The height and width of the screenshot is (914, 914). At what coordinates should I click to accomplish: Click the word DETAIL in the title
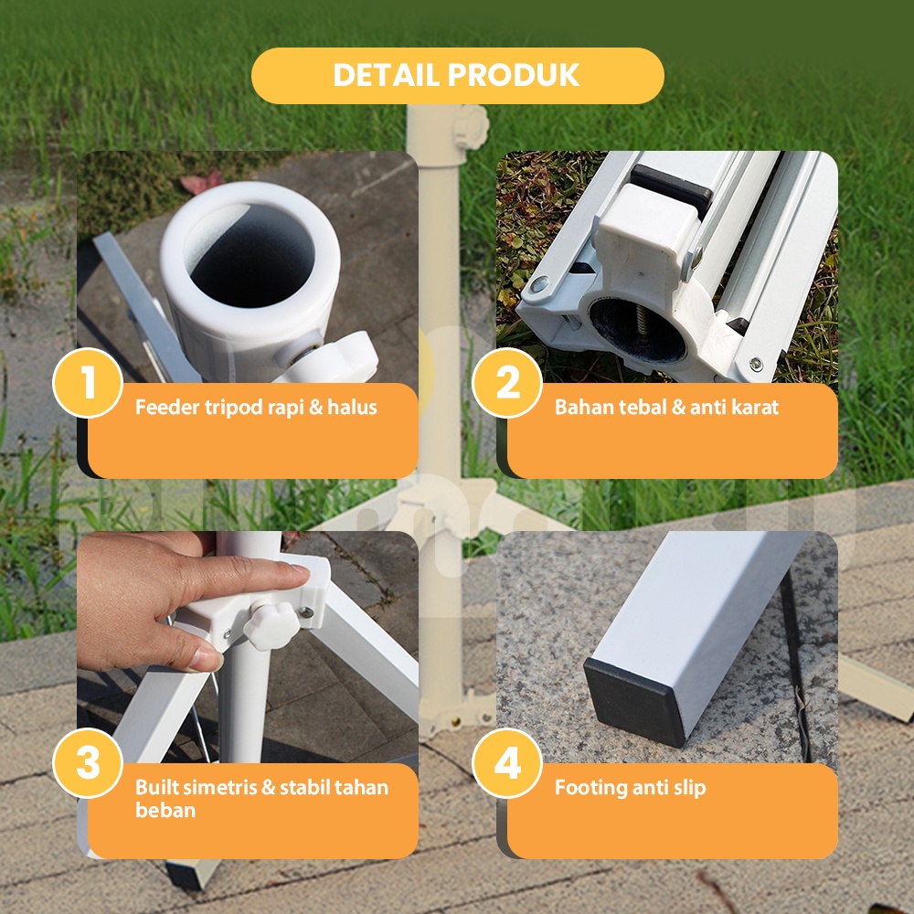point(386,75)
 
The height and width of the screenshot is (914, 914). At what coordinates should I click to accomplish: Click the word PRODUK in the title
point(514,75)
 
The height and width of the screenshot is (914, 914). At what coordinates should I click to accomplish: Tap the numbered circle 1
point(88,383)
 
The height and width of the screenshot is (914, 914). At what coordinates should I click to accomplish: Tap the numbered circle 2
point(507,383)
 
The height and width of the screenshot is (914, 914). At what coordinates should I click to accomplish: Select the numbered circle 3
point(88,763)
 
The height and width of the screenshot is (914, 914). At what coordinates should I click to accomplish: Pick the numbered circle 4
point(507,763)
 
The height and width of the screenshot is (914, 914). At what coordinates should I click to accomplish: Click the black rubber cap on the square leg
point(635,699)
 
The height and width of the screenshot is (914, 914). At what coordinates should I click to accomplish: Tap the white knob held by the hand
point(270,625)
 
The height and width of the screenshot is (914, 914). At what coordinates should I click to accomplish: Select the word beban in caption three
point(165,810)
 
